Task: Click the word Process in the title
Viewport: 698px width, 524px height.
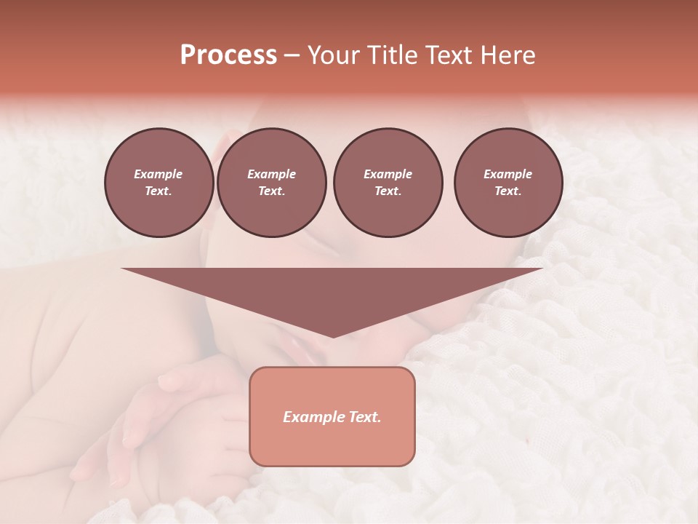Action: point(228,55)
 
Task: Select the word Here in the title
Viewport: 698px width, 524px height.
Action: point(507,55)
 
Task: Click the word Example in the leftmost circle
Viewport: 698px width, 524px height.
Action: point(159,174)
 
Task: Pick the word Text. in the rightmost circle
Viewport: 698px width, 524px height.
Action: point(508,191)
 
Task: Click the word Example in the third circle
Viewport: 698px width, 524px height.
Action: point(388,174)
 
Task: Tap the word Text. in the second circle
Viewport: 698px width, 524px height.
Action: point(272,191)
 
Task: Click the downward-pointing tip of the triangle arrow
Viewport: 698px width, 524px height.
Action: point(332,336)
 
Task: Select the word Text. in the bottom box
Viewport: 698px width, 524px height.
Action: point(364,417)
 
